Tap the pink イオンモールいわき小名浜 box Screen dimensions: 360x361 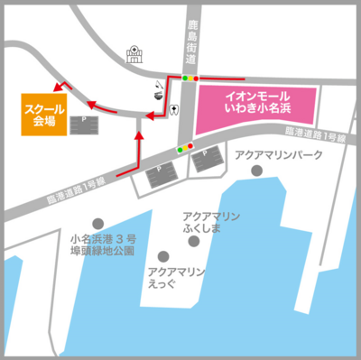click(x=257, y=103)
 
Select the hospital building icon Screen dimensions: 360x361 click(x=136, y=55)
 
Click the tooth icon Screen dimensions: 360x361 click(x=172, y=111)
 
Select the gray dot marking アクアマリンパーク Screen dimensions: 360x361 click(x=258, y=171)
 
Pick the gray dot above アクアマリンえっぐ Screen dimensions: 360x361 click(x=163, y=255)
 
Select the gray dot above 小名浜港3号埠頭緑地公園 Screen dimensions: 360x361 click(x=97, y=223)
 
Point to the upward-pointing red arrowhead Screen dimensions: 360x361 click(x=138, y=134)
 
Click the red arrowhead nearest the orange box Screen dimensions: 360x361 click(x=57, y=88)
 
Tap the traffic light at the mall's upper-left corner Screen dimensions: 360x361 click(x=188, y=78)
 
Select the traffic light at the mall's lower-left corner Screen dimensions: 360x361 click(x=184, y=148)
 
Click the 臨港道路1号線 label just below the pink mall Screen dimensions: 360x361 click(x=321, y=136)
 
